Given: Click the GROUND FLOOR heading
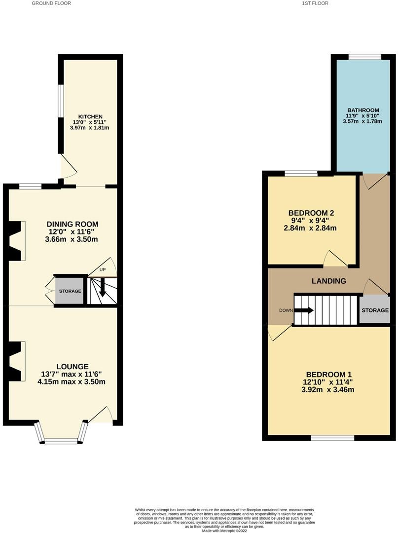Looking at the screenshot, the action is [51, 3].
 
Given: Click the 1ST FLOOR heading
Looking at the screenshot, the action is [315, 3].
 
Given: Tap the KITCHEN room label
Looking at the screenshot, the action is [90, 116].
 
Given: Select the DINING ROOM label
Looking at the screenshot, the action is [73, 224].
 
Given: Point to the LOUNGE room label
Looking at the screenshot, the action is [73, 366].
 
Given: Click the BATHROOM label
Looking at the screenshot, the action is [363, 110].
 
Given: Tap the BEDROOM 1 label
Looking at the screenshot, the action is [328, 374].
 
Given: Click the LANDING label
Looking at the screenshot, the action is [329, 281].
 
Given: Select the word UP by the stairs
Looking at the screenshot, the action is [102, 269].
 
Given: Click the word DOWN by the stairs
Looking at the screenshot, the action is [286, 310].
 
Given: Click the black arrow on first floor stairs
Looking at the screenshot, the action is [304, 310].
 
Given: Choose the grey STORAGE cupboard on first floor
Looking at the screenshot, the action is [374, 309].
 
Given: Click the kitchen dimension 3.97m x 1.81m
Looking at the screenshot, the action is [90, 128].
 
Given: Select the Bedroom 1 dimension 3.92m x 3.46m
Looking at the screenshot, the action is [328, 389].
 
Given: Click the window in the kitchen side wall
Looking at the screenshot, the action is [61, 101].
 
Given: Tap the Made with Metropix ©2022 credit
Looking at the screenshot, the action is [224, 531].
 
